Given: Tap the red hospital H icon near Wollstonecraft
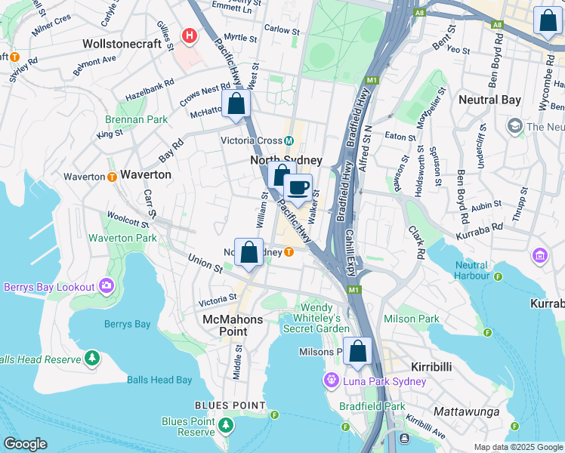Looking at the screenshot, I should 190,35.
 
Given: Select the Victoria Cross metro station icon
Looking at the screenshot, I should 289,140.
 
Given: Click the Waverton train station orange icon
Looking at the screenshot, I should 111,176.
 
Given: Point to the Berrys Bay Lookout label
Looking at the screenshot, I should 49,287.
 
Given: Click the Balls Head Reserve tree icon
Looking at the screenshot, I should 91,357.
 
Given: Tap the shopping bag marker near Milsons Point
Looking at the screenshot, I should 358,351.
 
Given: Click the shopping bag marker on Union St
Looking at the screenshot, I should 249,252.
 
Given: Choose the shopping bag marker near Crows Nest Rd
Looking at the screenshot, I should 236,103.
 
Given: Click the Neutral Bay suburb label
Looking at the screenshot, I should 490,100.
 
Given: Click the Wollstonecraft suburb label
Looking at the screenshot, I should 123,43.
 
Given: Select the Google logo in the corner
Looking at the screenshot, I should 25,444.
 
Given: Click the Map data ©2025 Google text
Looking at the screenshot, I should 518,447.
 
